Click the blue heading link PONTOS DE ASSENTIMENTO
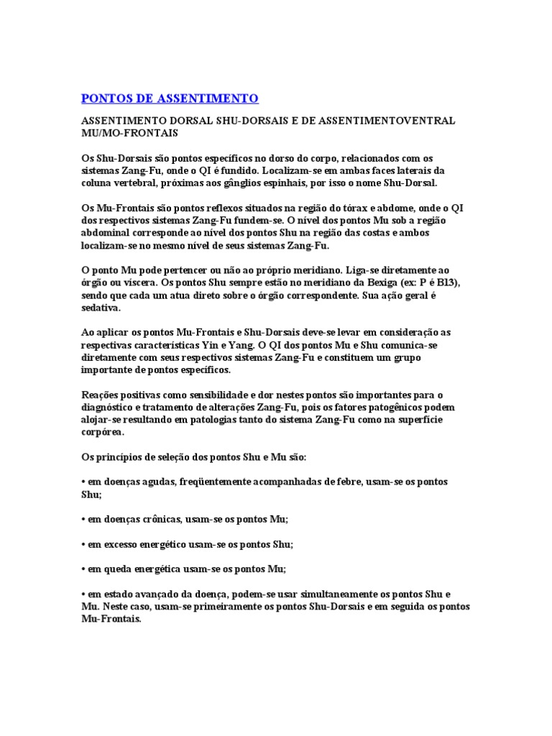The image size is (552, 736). [170, 98]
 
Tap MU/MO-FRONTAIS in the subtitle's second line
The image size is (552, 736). [129, 133]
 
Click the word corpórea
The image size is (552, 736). [103, 433]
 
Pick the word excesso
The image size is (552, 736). [113, 544]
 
